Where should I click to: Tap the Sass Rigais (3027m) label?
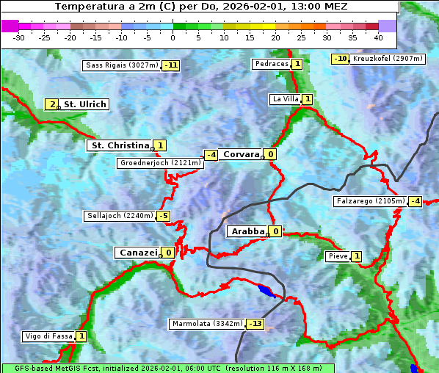(121, 65)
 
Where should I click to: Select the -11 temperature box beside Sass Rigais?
(171, 65)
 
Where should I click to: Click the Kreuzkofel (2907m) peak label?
(387, 59)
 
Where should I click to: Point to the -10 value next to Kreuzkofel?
(340, 59)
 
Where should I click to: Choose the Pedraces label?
(271, 64)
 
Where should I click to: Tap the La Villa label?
(285, 99)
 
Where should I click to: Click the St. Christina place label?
(119, 145)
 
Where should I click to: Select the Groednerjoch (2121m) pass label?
(159, 163)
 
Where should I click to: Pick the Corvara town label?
(241, 154)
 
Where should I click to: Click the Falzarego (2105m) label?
(370, 201)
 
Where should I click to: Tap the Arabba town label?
(247, 231)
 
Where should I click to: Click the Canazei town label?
(137, 253)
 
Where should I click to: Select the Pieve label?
(338, 256)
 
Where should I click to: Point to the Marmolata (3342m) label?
(207, 324)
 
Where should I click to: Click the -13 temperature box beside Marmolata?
(255, 324)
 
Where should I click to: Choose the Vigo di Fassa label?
(48, 336)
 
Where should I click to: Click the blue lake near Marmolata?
(267, 291)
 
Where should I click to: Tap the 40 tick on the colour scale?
(378, 37)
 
